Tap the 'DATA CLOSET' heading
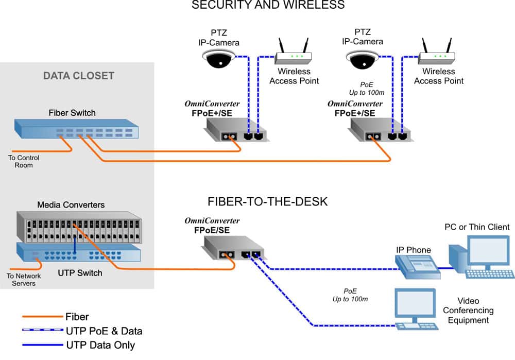tap(78, 76)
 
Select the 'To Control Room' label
tap(24, 161)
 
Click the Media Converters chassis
tap(77, 227)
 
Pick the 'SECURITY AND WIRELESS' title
tap(268, 6)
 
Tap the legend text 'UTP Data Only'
tap(100, 345)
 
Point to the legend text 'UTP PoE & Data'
tap(104, 331)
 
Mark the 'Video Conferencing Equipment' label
tap(468, 311)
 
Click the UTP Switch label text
tap(79, 272)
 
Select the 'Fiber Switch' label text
tap(72, 113)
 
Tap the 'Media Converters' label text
tap(71, 204)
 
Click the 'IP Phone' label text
tap(413, 250)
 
